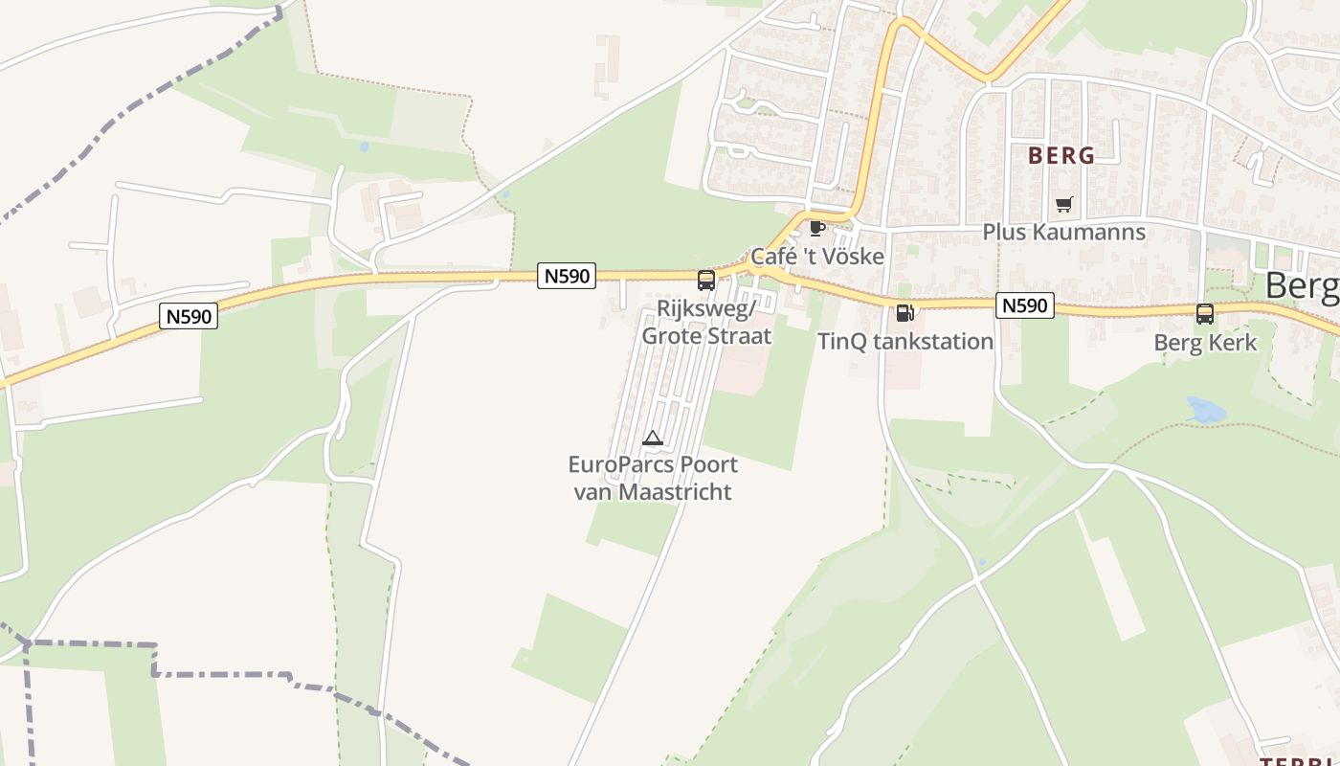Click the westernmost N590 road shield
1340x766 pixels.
[189, 316]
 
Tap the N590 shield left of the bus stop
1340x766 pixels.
[567, 276]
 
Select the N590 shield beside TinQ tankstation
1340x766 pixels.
[1024, 305]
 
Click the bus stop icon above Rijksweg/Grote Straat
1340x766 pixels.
[706, 280]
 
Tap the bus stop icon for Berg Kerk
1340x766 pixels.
[1204, 313]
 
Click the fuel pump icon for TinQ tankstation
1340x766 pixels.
[904, 312]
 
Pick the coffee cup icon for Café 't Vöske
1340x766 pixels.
[816, 228]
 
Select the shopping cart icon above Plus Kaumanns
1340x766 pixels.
[1063, 204]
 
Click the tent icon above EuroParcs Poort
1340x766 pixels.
[653, 439]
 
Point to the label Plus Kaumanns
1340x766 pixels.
[1063, 232]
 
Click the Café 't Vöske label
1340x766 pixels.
[816, 256]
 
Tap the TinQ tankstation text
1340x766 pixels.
[904, 341]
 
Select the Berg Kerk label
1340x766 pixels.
[1204, 342]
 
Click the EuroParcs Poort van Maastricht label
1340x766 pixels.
[653, 478]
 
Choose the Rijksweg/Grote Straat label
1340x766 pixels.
[706, 322]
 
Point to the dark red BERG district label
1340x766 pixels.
[1061, 155]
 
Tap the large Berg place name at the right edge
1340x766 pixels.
[1302, 285]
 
